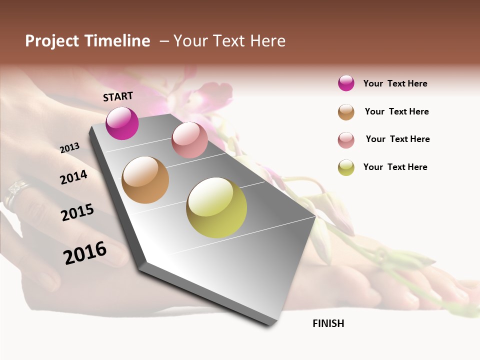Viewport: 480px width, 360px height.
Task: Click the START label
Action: (118, 96)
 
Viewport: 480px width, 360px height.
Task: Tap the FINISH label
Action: (328, 323)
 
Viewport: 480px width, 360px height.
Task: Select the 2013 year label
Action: (70, 147)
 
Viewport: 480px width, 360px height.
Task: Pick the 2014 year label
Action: (74, 177)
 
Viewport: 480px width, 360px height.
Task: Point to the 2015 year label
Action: (77, 212)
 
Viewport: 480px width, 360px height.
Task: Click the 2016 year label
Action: (85, 252)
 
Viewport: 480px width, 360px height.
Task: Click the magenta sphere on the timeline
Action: (122, 123)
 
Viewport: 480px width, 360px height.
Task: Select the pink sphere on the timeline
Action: (189, 140)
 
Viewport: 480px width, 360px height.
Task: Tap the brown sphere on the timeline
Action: (145, 180)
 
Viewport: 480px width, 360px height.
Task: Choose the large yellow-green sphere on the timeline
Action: (216, 207)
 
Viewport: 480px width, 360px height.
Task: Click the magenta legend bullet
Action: (346, 83)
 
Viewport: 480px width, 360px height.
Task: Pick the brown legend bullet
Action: (346, 112)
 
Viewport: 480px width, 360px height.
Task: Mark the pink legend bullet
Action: (346, 140)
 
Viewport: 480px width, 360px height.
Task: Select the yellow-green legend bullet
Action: (346, 167)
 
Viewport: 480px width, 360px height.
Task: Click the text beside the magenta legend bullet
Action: (395, 83)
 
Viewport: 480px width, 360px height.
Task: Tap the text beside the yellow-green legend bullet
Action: (395, 167)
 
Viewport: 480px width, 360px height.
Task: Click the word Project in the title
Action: (51, 41)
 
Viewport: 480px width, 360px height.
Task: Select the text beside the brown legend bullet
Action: (396, 111)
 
